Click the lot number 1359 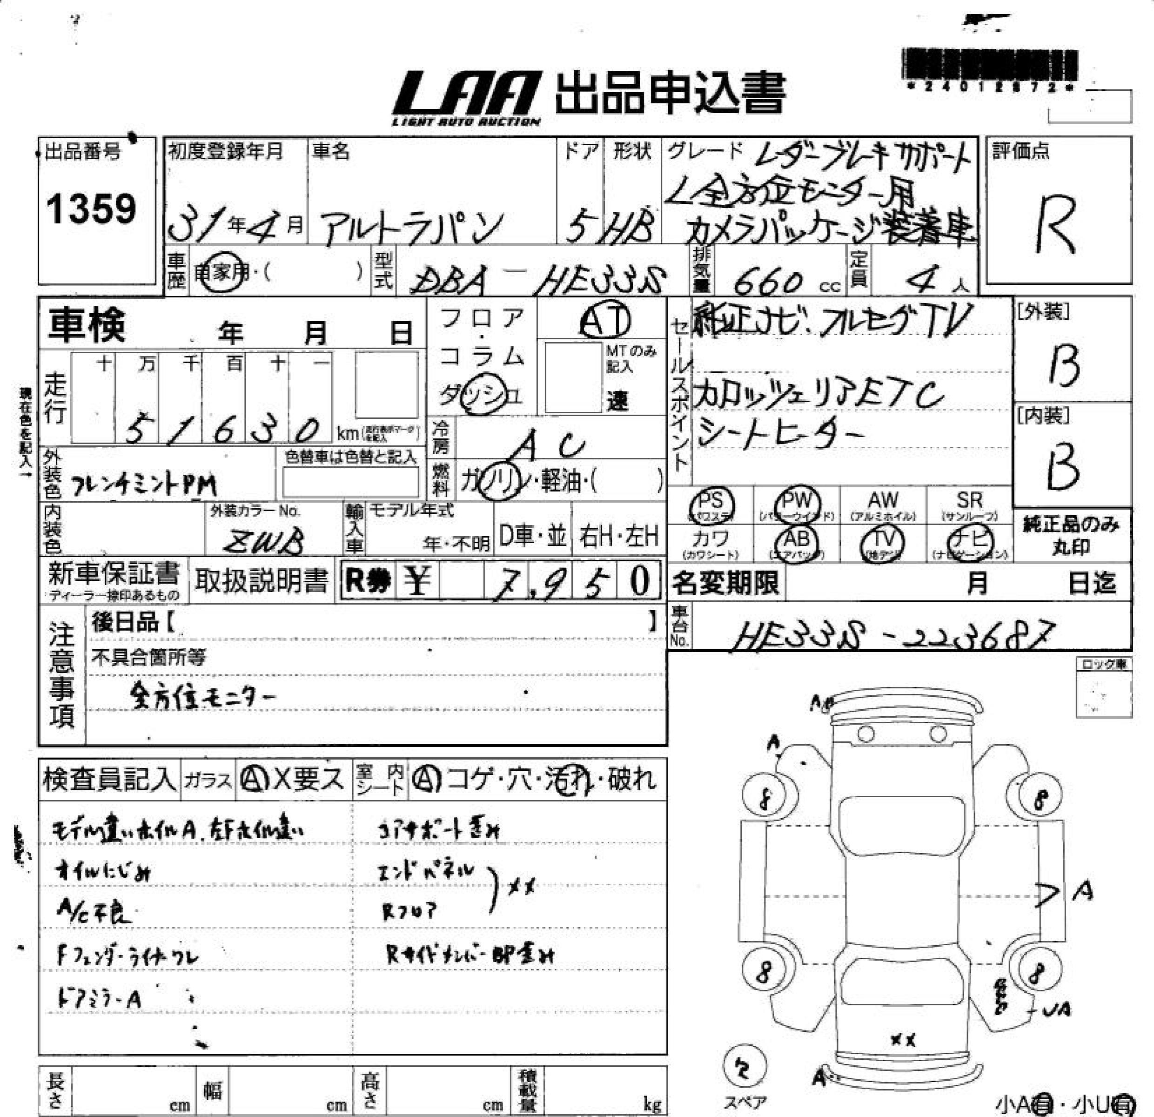tap(91, 209)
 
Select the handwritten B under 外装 tap(1065, 365)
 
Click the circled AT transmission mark tap(604, 321)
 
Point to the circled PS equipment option tap(711, 504)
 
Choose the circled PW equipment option tap(797, 504)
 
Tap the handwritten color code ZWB tap(265, 540)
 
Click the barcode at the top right tap(989, 65)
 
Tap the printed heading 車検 tap(87, 325)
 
